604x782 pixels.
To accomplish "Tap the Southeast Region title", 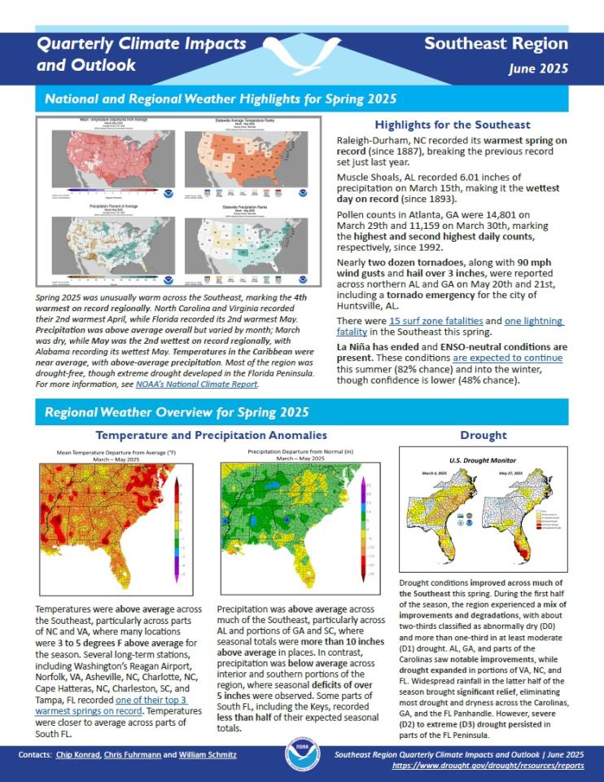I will (x=497, y=44).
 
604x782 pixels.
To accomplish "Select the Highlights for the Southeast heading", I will (x=452, y=125).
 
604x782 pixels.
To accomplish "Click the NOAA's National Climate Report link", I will (x=208, y=383).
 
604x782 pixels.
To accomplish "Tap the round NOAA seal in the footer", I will (x=302, y=756).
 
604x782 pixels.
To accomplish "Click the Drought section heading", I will (x=483, y=436).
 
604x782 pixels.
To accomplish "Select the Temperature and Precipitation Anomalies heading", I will (x=211, y=436).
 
